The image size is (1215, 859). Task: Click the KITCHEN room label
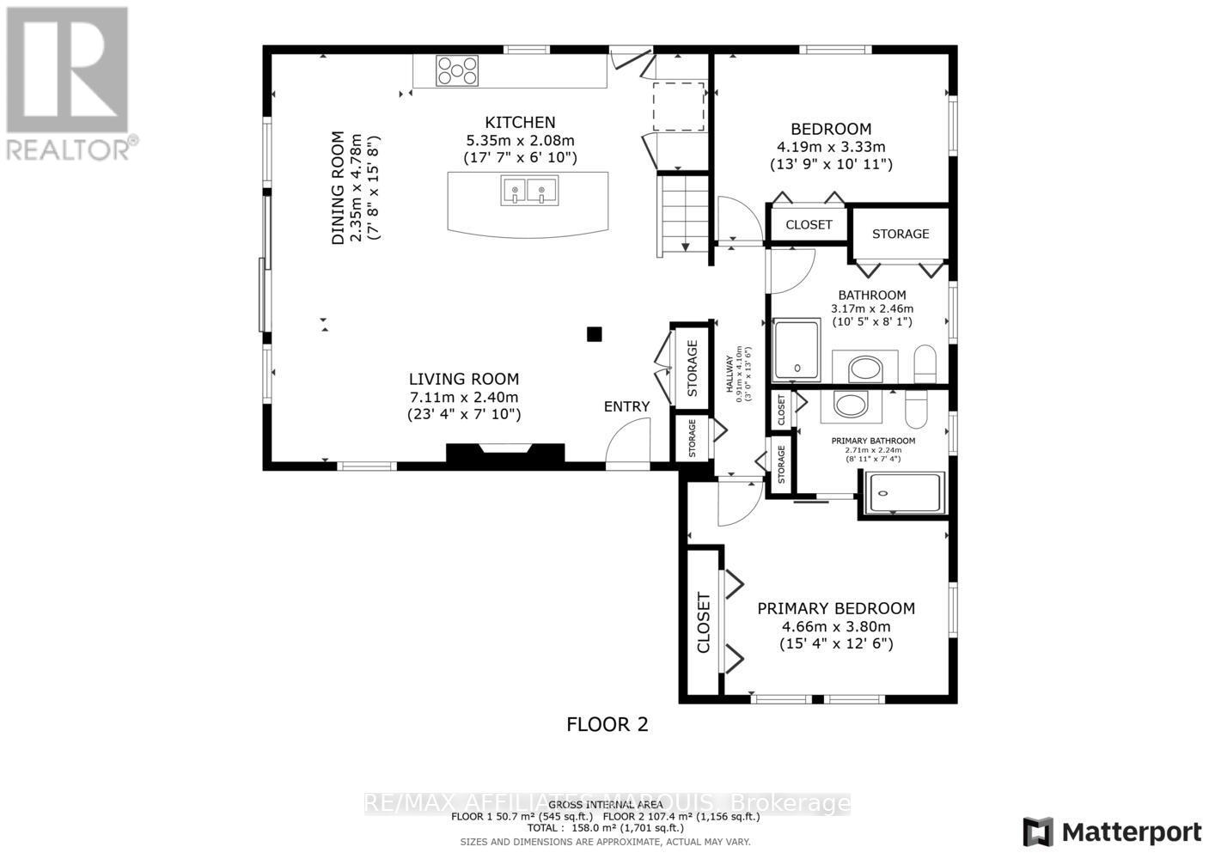click(x=520, y=123)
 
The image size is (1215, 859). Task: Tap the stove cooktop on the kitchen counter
click(x=456, y=70)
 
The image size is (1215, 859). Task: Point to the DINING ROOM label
click(x=338, y=188)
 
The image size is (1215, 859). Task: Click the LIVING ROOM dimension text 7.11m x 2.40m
click(x=463, y=397)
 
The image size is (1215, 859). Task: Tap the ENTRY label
click(x=626, y=406)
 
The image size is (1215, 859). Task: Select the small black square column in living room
click(x=594, y=334)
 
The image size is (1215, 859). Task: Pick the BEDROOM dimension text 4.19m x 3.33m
click(x=830, y=147)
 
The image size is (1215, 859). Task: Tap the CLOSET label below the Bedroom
click(x=809, y=225)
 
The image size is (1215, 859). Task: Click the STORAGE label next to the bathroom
click(x=901, y=234)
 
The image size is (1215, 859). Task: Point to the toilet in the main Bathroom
click(x=925, y=364)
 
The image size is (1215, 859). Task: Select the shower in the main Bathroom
click(x=797, y=350)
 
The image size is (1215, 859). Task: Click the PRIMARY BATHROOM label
click(x=873, y=441)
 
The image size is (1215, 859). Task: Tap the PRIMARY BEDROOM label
click(x=835, y=608)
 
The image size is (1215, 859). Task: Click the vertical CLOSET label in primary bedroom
click(x=703, y=623)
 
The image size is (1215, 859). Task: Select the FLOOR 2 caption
click(x=607, y=725)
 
